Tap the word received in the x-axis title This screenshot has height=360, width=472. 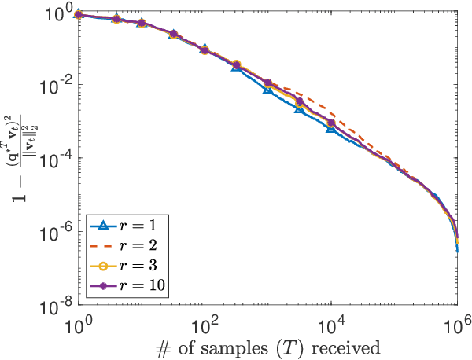coord(330,346)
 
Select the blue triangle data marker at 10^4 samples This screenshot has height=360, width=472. coord(331,127)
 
